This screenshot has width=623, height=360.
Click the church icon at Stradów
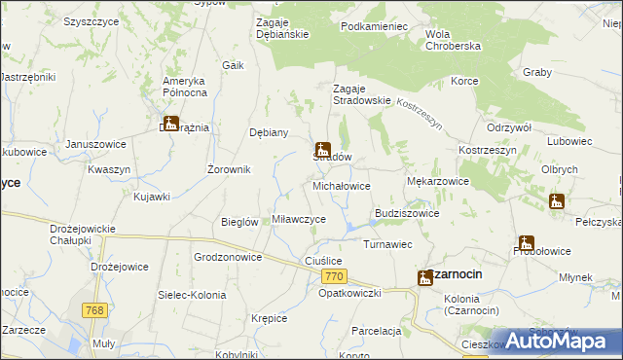322,151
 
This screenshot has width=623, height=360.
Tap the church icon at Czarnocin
425,277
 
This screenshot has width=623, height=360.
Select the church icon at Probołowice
527,243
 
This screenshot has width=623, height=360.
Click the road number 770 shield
332,277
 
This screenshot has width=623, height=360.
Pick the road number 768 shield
95,310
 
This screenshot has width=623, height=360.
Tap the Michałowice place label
341,185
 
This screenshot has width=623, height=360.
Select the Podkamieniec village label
374,26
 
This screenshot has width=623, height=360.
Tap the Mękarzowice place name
437,181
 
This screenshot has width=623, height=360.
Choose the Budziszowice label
407,213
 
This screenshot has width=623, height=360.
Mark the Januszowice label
96,144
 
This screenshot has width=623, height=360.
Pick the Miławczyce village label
298,220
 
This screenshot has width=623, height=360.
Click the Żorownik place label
230,169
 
